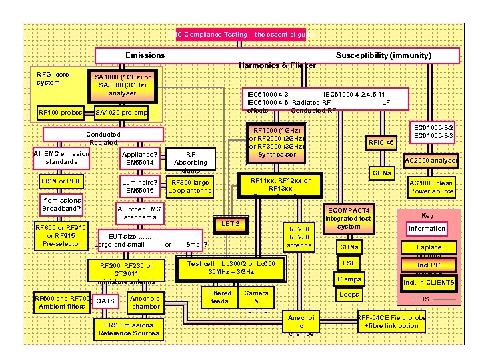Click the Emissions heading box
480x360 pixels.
pos(145,55)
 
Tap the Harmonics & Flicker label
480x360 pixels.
pos(277,65)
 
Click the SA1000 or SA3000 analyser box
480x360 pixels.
pos(123,85)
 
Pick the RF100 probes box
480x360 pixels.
pos(61,112)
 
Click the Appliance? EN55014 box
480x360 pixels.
pos(139,158)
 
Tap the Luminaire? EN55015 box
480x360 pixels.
pos(139,187)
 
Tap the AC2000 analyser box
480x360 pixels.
pos(431,160)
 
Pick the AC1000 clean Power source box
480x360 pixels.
pos(431,187)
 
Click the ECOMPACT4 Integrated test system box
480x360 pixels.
pos(347,219)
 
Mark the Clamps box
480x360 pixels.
pos(349,279)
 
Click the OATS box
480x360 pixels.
pos(105,301)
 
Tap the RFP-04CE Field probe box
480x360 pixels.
pos(392,321)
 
